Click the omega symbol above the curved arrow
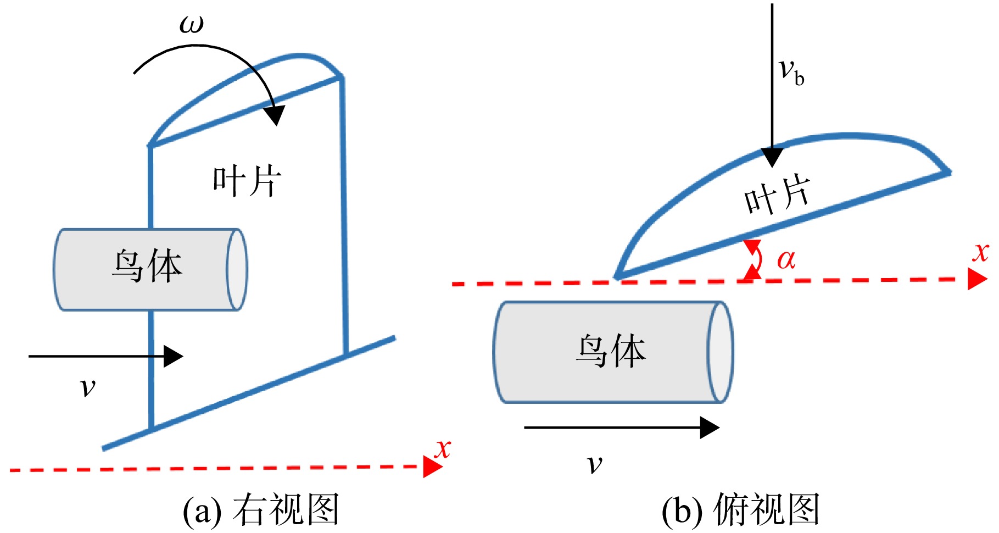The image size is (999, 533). point(192,25)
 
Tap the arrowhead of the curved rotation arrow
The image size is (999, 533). point(275,114)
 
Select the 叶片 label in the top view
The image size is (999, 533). point(777,196)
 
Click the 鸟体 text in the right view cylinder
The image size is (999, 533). point(147,266)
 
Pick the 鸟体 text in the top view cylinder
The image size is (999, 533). point(610,351)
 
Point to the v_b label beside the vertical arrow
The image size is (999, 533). point(791,73)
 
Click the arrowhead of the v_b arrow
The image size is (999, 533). point(772,157)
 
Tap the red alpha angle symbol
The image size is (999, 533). point(786,259)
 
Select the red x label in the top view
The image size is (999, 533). point(980,252)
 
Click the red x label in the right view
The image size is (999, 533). point(442,449)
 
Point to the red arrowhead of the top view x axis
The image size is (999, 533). point(978,279)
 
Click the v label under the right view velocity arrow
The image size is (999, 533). point(87,387)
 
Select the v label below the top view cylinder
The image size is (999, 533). point(594,465)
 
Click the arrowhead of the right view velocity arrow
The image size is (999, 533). point(174,356)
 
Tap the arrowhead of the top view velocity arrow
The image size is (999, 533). point(710,427)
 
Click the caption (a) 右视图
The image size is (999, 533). point(261,510)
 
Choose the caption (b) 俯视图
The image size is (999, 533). point(741,510)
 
